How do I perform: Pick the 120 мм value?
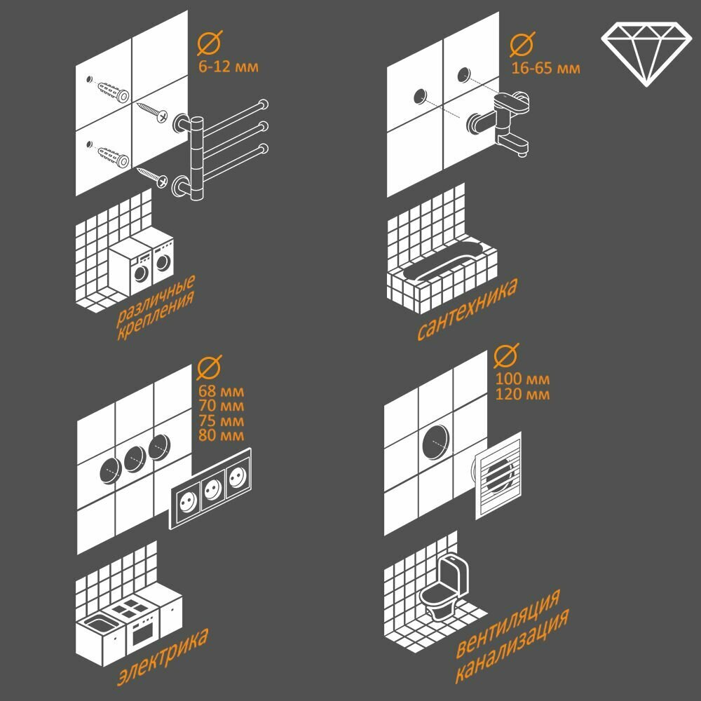click(x=522, y=394)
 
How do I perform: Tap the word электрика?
click(x=163, y=658)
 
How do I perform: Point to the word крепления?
click(x=156, y=316)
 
